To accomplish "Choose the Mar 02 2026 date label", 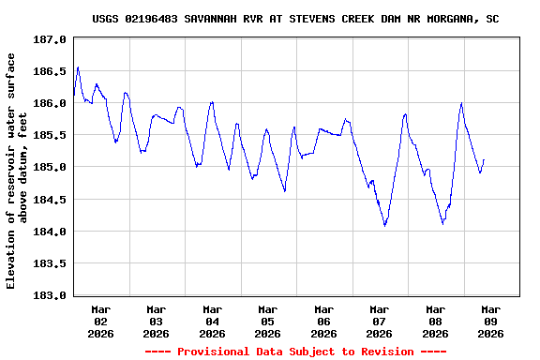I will pyautogui.click(x=101, y=321).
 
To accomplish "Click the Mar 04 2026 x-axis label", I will pyautogui.click(x=213, y=321).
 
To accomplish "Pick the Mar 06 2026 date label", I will pyautogui.click(x=324, y=321).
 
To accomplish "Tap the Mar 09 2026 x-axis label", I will pyautogui.click(x=490, y=321).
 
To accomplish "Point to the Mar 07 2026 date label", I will pyautogui.click(x=380, y=321).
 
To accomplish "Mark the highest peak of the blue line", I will pyautogui.click(x=78, y=67).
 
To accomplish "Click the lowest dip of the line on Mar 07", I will pyautogui.click(x=384, y=225).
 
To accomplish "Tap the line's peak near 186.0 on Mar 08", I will pyautogui.click(x=461, y=103).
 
